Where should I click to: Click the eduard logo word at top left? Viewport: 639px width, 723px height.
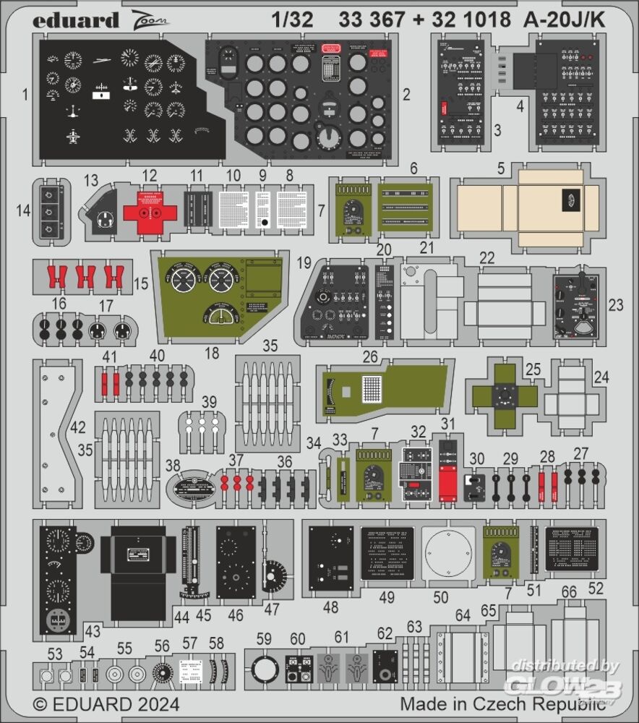click(x=76, y=20)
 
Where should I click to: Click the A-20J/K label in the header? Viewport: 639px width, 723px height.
click(x=559, y=20)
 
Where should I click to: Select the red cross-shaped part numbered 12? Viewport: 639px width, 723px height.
click(x=150, y=210)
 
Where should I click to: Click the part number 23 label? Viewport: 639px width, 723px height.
click(x=615, y=305)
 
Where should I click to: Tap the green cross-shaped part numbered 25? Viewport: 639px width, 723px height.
click(x=504, y=395)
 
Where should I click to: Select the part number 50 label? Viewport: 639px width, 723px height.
click(x=441, y=598)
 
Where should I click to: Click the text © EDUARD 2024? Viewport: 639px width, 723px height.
click(x=106, y=703)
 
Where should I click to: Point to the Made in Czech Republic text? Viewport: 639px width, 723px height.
click(x=502, y=703)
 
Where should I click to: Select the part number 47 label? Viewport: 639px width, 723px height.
click(x=271, y=609)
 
